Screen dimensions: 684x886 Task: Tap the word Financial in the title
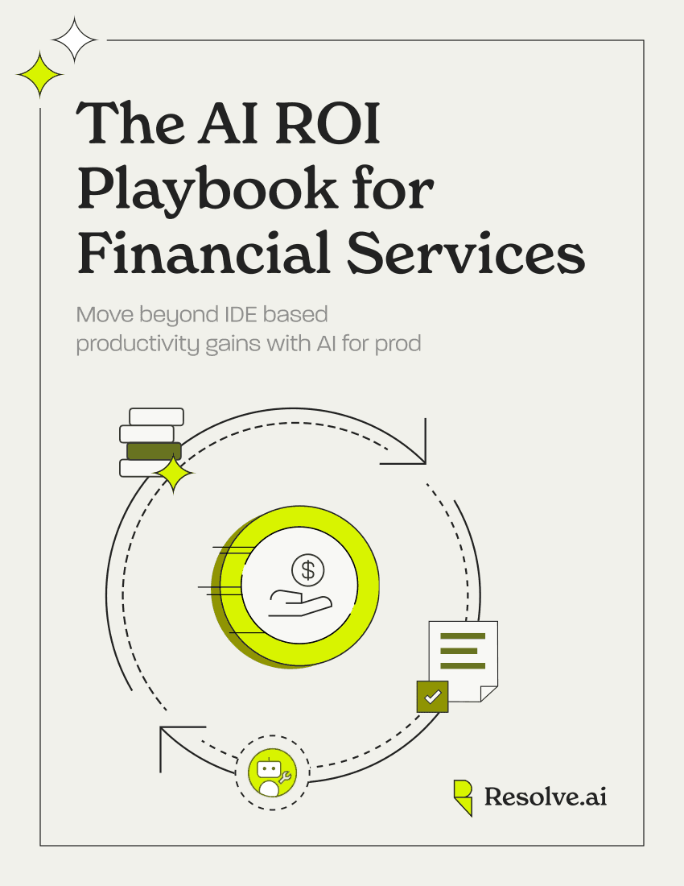(x=204, y=252)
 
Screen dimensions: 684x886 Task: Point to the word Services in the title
(x=466, y=253)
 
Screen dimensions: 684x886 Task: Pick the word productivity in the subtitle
(x=138, y=344)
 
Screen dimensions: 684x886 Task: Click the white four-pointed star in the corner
(x=74, y=40)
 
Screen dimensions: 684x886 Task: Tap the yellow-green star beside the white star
(x=39, y=74)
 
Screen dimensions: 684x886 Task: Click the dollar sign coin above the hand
(x=307, y=569)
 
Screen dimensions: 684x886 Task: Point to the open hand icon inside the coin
(x=300, y=603)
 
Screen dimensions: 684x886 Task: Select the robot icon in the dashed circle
(x=273, y=773)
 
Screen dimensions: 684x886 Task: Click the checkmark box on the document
(x=432, y=697)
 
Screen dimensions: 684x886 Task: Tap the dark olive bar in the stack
(x=154, y=451)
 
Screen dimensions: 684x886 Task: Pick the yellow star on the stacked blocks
(x=174, y=474)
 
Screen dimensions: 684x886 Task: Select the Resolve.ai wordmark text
(x=546, y=797)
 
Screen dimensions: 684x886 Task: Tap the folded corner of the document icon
(x=488, y=693)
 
